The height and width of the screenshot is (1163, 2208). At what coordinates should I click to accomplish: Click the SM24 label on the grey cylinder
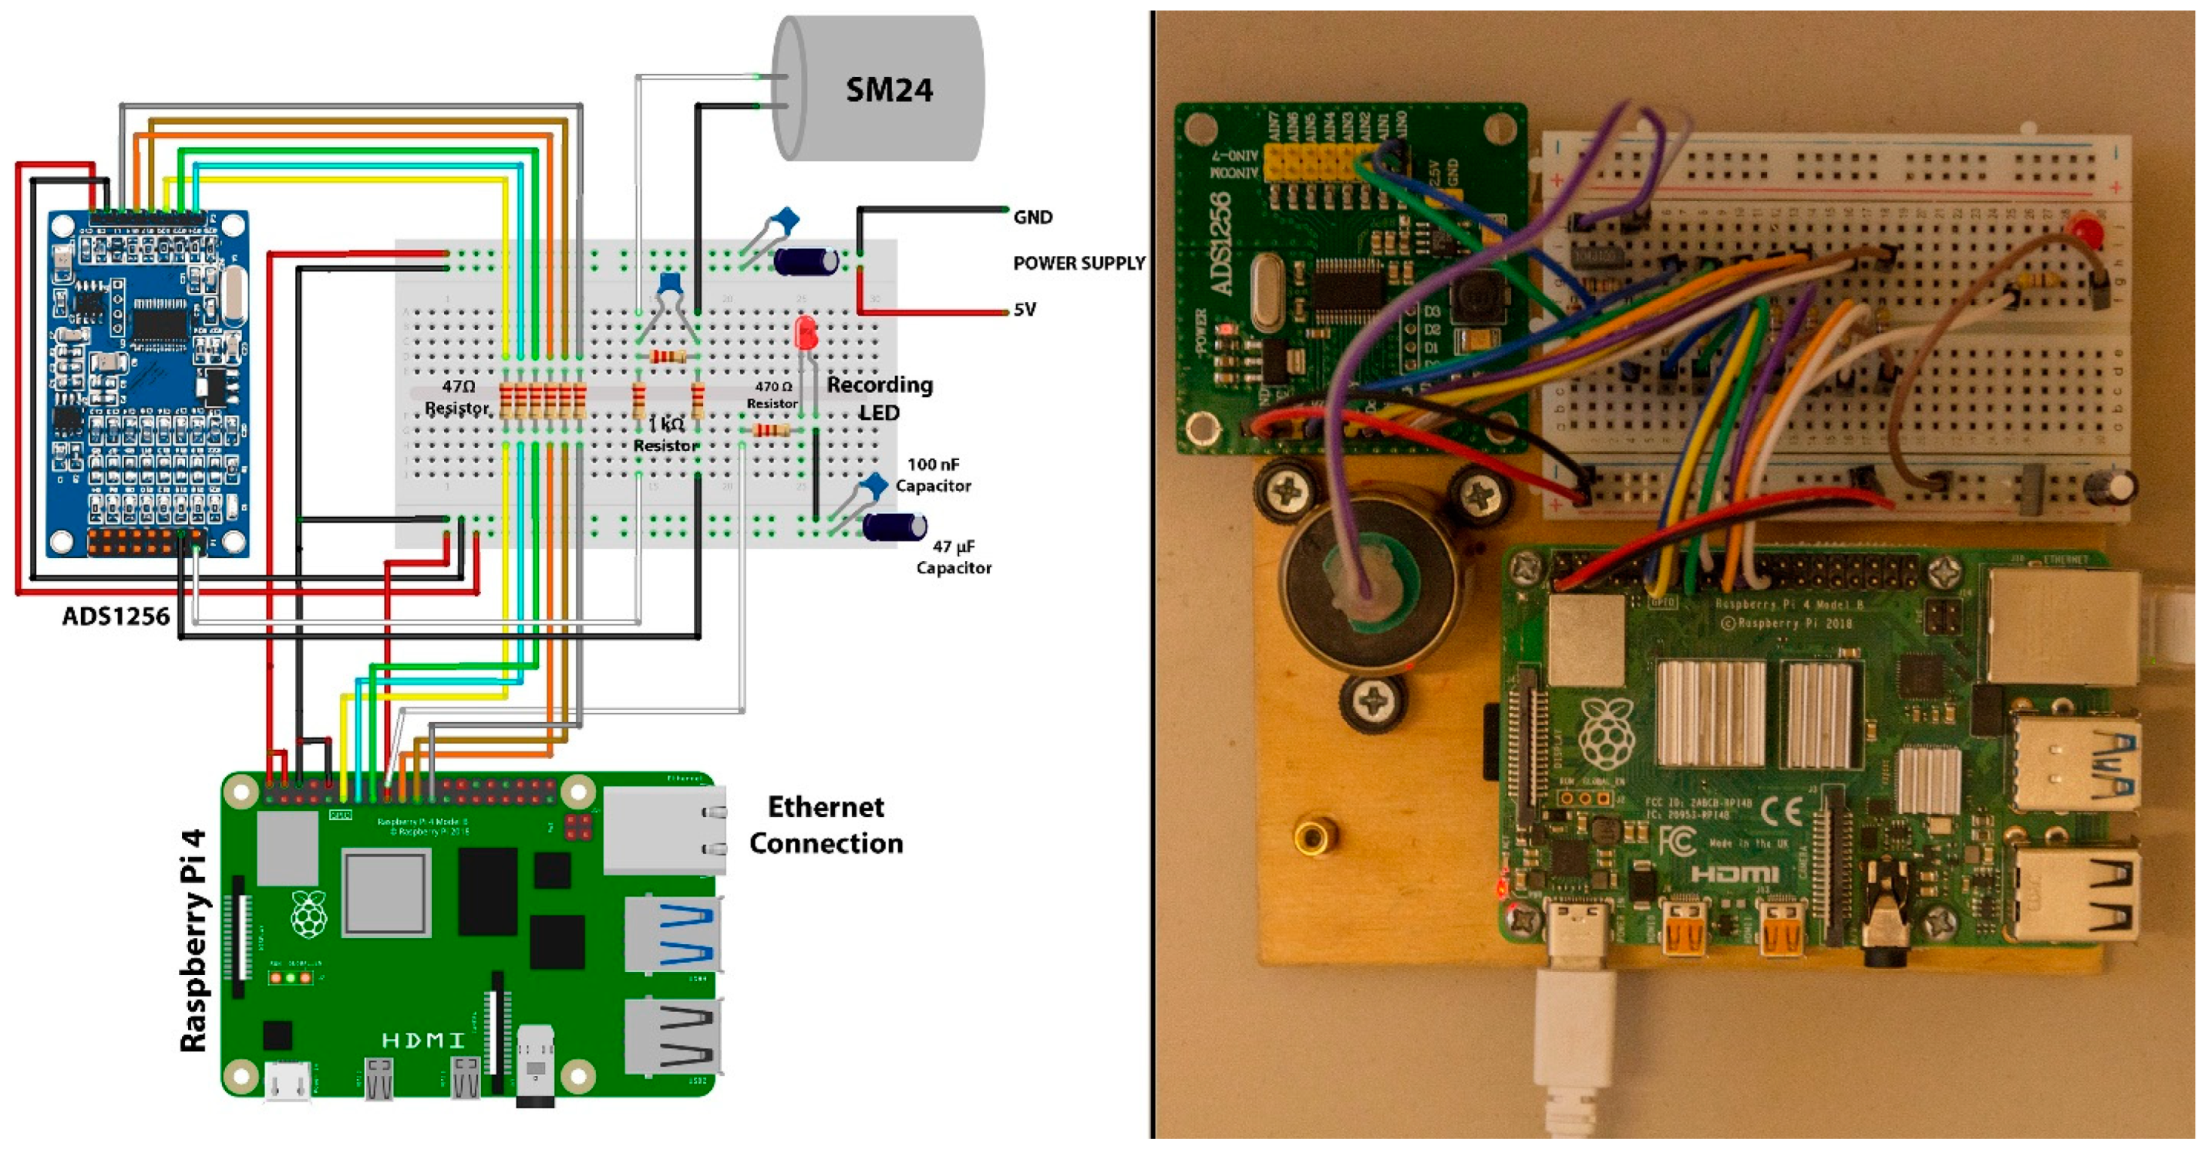point(888,89)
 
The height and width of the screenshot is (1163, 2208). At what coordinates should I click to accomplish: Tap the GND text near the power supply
point(1032,217)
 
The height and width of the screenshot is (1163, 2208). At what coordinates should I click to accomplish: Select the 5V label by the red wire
point(1025,309)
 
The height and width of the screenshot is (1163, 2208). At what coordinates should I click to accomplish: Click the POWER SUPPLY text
point(1079,263)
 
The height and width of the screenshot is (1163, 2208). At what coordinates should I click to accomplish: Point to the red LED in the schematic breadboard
point(805,332)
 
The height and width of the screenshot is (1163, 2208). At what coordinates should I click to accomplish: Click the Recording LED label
point(880,398)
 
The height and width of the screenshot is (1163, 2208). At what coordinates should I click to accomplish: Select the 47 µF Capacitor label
point(953,557)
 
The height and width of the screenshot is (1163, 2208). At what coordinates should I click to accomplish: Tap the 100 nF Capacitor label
point(933,475)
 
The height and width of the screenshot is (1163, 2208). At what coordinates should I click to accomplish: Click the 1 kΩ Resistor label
point(666,435)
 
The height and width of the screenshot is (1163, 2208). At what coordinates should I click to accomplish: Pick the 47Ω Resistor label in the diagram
point(458,397)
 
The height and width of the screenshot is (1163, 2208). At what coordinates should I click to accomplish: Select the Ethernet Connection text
point(826,825)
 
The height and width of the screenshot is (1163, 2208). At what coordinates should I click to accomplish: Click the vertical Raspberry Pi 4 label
point(194,940)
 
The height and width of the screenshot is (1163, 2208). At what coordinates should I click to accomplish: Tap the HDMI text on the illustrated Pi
point(422,1040)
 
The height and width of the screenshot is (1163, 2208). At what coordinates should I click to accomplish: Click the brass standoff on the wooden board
point(1311,835)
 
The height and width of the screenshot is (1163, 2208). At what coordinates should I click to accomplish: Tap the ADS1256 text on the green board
point(1221,244)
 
